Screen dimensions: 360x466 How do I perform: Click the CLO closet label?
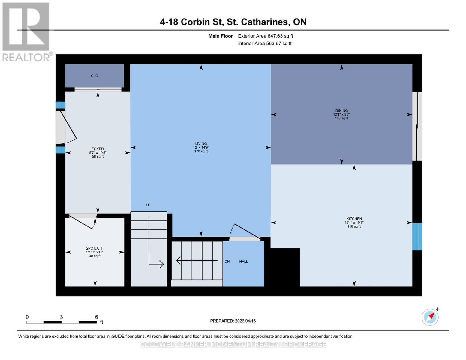[95, 76]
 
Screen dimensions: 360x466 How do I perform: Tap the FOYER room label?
[98, 149]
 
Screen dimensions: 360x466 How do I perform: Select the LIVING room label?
[201, 144]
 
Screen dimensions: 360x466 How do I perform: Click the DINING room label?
[341, 111]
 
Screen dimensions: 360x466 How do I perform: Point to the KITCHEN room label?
[354, 219]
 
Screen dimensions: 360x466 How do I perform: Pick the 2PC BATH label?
[95, 248]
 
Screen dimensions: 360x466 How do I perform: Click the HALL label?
[243, 262]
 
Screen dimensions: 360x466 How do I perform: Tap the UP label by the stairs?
[149, 205]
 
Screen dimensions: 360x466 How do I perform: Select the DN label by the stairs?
[227, 262]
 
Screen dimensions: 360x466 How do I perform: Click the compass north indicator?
[430, 317]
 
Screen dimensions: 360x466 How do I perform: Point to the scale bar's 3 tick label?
[62, 317]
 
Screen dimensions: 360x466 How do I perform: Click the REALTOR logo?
[26, 31]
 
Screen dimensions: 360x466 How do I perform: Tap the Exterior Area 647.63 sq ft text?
[265, 36]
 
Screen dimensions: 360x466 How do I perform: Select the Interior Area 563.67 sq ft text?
[265, 43]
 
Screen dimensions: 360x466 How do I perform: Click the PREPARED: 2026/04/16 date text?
[233, 321]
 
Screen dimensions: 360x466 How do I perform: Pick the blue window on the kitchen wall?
[417, 237]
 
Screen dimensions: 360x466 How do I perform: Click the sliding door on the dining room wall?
[417, 126]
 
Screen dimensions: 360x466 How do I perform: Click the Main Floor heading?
[221, 36]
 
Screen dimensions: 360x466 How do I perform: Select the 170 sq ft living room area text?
[201, 151]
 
